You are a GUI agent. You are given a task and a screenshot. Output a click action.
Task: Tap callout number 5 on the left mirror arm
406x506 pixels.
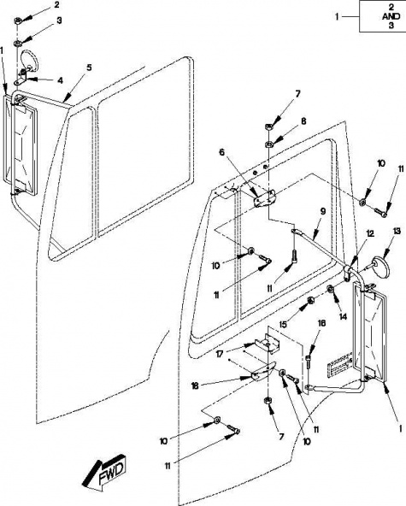point(89,68)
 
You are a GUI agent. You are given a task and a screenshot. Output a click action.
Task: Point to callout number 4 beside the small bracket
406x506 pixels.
point(60,80)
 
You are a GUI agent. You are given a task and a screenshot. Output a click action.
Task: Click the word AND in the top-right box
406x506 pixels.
point(391,16)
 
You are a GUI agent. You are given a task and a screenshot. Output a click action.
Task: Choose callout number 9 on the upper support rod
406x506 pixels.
point(323,211)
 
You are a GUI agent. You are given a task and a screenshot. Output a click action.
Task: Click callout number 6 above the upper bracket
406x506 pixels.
point(221,152)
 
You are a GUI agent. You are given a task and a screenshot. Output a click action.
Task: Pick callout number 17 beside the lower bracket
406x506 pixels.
point(220,354)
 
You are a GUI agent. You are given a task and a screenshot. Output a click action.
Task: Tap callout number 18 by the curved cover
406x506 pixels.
point(194,385)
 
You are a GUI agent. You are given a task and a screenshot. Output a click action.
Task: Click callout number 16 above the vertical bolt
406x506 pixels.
point(321,323)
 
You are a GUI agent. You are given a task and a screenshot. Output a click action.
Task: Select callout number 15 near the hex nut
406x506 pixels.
point(283,324)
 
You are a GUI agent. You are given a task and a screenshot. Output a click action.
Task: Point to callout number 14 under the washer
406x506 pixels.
point(343,317)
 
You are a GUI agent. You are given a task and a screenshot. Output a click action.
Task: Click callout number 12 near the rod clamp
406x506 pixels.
point(370,233)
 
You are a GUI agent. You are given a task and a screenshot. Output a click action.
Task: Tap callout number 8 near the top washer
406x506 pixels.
point(303,121)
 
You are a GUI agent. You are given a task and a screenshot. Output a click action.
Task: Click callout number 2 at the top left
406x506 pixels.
point(56,4)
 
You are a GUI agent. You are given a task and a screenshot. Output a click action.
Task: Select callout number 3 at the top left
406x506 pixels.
point(59,21)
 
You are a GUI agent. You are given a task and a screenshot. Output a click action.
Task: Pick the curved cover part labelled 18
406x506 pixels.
point(263,371)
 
